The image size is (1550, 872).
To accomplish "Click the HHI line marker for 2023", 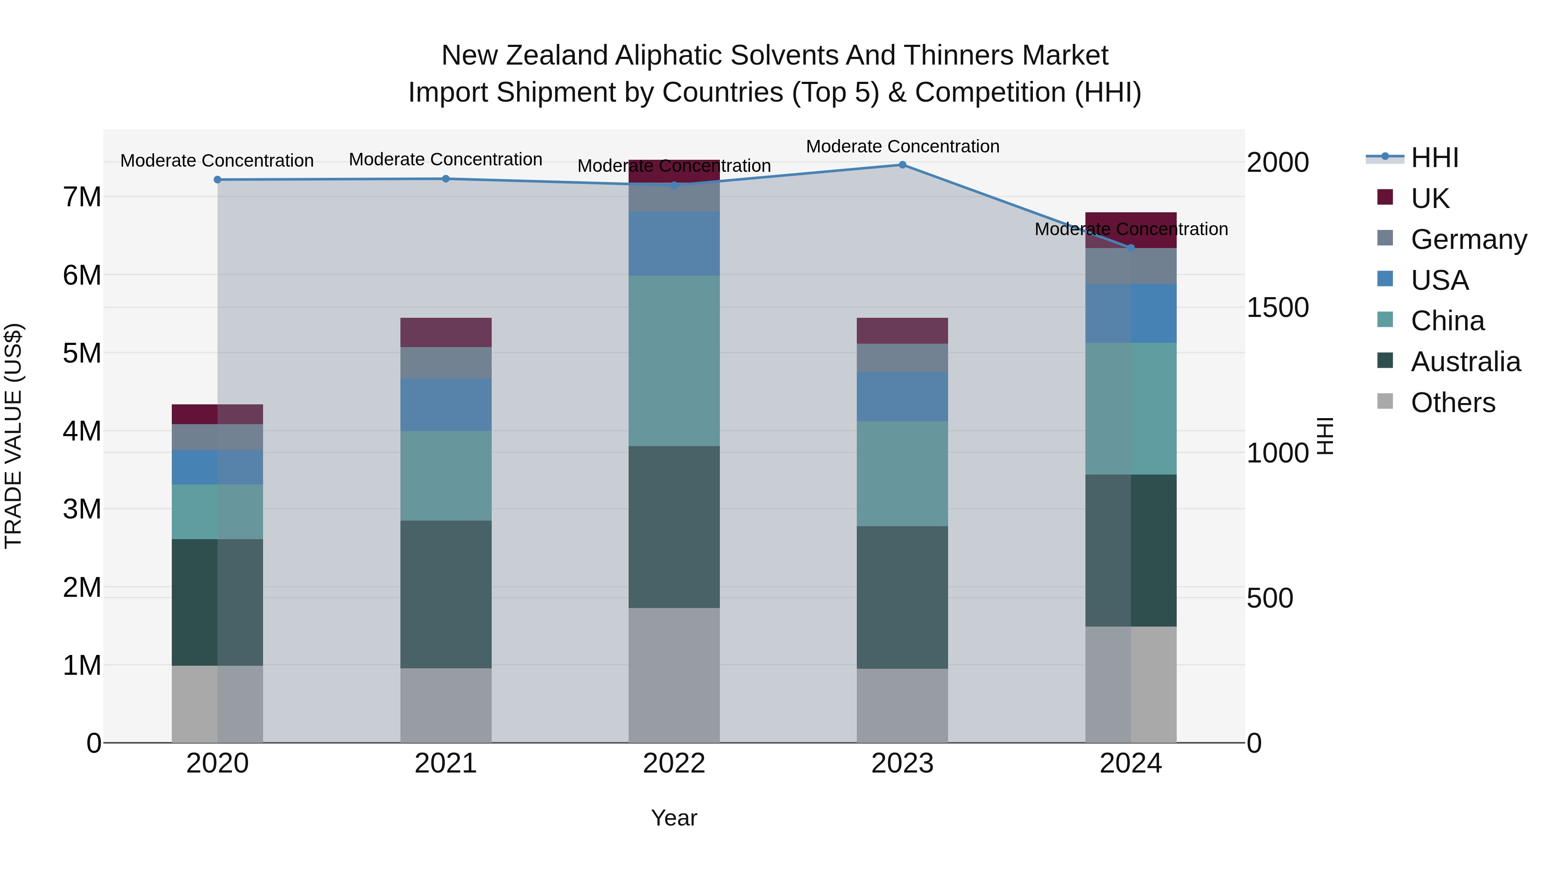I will pos(902,165).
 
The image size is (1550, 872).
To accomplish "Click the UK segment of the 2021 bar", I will pos(446,332).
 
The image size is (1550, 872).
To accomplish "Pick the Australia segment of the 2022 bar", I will pos(674,527).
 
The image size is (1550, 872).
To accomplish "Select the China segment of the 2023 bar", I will pos(902,474).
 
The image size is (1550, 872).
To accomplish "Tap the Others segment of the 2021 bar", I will pos(446,705).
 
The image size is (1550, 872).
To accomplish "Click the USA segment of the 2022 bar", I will pos(674,243).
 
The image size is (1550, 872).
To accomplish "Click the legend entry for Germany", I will pos(1468,239).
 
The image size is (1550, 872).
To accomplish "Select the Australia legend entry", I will pos(1465,362).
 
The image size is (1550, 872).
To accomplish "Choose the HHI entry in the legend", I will pos(1435,158).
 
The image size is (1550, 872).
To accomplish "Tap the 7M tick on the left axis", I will pos(82,197).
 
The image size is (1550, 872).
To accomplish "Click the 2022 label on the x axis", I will pos(674,763).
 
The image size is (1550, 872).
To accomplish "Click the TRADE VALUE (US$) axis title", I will pos(13,436).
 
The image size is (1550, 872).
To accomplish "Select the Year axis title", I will pos(674,818).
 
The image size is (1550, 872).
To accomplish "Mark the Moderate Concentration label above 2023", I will pos(902,146).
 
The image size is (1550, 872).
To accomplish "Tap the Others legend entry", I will pos(1453,403).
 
